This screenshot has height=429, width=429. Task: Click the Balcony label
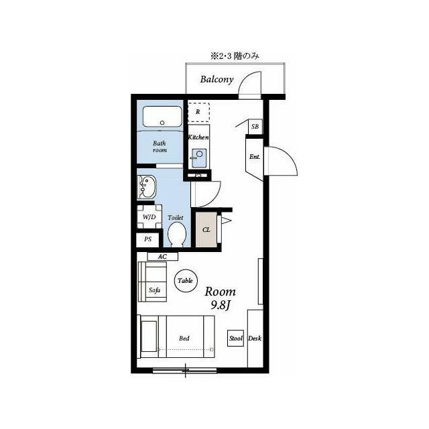[217, 79]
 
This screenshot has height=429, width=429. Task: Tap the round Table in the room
[186, 280]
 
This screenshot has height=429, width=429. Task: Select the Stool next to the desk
[235, 339]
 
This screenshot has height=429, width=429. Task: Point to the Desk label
[255, 339]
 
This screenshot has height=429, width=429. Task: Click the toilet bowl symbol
[177, 234]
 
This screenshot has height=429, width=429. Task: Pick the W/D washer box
[149, 217]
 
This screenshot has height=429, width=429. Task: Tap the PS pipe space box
[147, 239]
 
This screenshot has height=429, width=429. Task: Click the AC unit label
[162, 257]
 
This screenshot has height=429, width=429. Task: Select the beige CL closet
[206, 230]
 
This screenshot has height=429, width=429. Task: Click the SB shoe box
[255, 127]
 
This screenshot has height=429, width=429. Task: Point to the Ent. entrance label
[255, 157]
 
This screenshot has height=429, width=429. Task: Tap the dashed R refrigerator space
[199, 112]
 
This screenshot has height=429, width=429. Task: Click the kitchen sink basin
[199, 158]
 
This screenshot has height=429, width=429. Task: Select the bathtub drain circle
[162, 123]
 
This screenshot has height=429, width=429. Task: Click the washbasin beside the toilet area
[147, 188]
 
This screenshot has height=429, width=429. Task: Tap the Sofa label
[154, 290]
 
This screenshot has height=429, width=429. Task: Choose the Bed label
[184, 339]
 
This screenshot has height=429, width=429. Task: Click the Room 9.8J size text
[221, 298]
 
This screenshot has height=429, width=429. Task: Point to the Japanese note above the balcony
[235, 56]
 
